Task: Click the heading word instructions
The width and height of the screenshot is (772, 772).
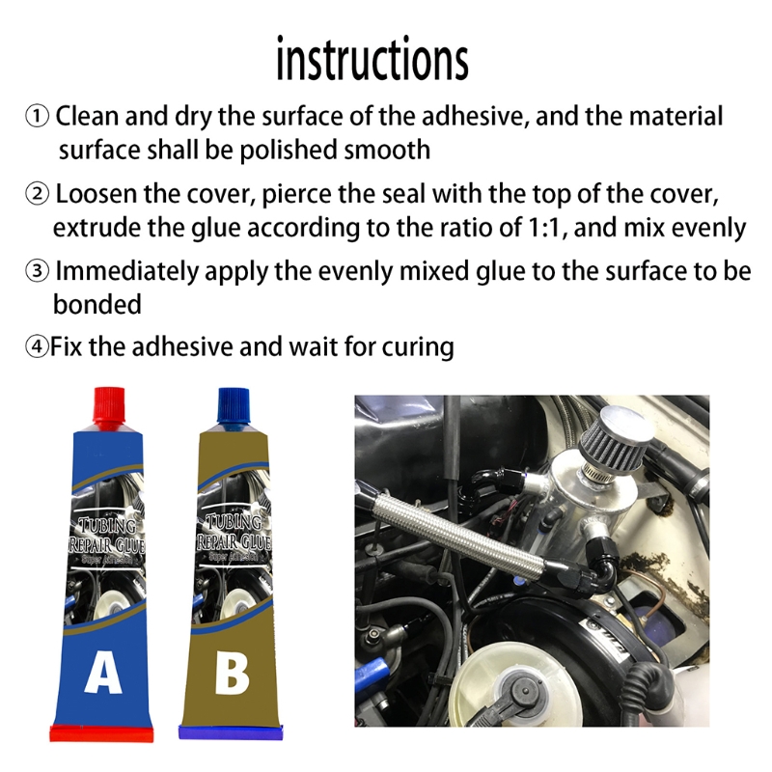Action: [372, 60]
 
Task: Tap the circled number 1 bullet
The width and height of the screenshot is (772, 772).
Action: [37, 118]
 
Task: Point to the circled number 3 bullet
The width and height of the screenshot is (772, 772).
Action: [37, 270]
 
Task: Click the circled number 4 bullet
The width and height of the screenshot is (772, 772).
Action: [37, 346]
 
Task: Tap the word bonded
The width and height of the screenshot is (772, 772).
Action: [96, 304]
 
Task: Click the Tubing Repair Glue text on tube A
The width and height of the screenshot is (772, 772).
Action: [106, 534]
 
